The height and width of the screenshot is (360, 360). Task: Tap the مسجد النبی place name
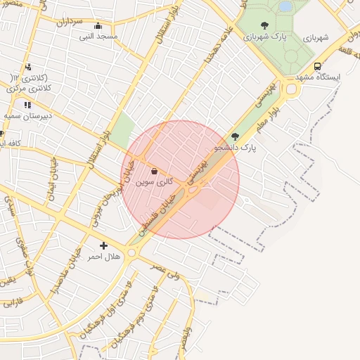(x=98, y=35)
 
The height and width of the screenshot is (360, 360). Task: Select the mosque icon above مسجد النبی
(x=97, y=25)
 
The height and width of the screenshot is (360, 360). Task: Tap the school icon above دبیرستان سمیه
(x=27, y=105)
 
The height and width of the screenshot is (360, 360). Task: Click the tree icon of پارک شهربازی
(x=264, y=26)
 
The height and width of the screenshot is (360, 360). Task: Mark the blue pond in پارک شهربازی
(x=285, y=6)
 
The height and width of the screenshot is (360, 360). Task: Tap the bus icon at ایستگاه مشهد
(x=318, y=66)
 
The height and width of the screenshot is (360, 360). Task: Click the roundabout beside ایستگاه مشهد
(x=290, y=89)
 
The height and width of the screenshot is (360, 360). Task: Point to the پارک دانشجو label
(x=236, y=148)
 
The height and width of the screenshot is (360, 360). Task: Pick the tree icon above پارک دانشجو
(x=235, y=137)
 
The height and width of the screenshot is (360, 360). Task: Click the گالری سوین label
(x=150, y=181)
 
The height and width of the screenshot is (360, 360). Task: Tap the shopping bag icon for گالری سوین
(x=154, y=170)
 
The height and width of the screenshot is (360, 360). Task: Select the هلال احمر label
(x=103, y=257)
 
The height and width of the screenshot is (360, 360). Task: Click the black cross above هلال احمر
(x=104, y=246)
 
